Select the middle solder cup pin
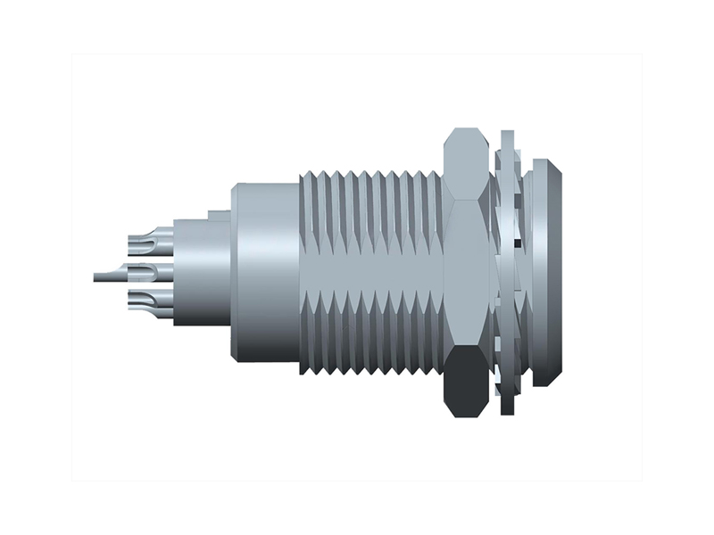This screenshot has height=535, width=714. point(148,270)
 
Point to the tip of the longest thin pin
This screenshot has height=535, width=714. point(95,277)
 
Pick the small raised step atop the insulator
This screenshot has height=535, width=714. point(219,215)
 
